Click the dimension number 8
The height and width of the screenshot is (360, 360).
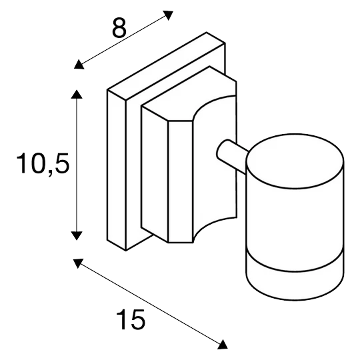tap(119, 28)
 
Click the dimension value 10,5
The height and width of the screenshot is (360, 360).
tap(43, 164)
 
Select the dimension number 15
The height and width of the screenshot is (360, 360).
tap(131, 319)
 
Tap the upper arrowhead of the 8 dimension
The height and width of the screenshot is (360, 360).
tap(168, 15)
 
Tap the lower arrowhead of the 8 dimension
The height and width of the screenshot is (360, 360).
tap(79, 65)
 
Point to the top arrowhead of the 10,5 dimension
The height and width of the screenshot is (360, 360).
tap(77, 94)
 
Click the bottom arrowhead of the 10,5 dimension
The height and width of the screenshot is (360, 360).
tap(77, 235)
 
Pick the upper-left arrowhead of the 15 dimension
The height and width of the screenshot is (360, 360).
tap(78, 263)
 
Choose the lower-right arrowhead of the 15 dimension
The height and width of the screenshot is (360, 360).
tap(222, 345)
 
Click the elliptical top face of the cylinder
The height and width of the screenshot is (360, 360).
tap(295, 161)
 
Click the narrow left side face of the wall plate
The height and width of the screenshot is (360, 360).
tap(117, 170)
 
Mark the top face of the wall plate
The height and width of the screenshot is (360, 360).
tap(166, 66)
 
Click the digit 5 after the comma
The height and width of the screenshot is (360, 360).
tap(62, 163)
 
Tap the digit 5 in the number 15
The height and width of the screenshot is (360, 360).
tap(138, 319)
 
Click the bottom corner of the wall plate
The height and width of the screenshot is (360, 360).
tap(126, 251)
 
